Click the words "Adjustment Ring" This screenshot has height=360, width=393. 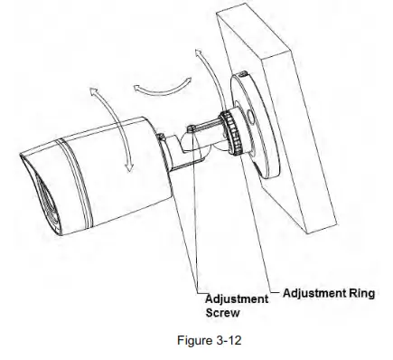pos(316,293)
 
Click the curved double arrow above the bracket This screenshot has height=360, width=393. pos(154,84)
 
